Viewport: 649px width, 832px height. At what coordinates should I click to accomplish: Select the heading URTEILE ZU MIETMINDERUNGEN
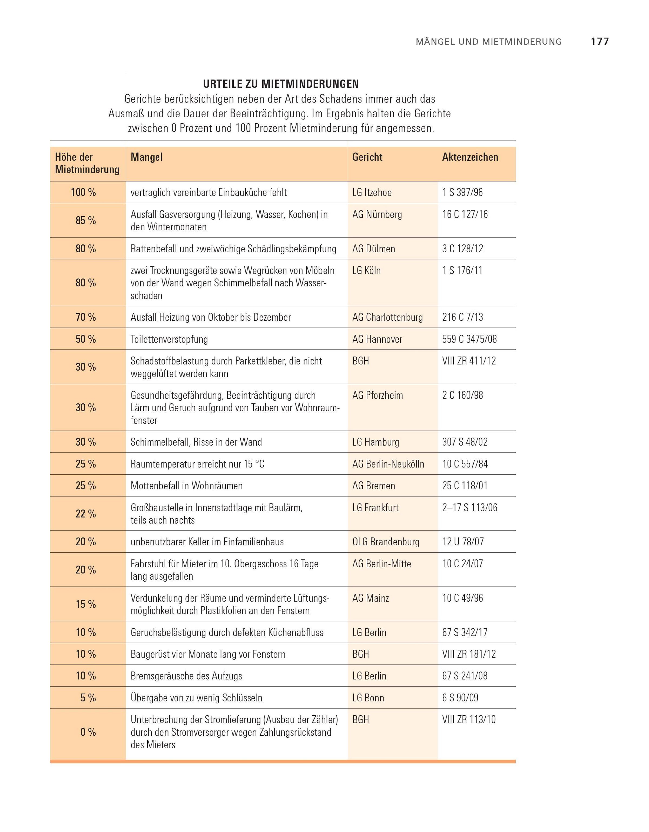281,84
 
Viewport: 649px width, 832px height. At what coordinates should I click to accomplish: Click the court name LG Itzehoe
372,192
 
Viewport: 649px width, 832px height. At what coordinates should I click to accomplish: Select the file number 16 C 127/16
465,214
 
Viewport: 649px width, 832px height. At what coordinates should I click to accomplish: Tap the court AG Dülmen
373,249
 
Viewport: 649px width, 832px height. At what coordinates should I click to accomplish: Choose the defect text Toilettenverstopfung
169,339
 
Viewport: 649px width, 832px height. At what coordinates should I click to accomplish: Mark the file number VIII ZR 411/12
469,361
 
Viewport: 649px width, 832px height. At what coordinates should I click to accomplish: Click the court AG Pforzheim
377,395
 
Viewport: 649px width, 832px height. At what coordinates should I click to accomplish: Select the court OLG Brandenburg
386,542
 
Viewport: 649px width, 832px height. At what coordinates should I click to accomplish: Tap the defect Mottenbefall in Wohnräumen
186,486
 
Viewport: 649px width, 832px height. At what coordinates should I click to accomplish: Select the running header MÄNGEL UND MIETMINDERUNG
489,42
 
